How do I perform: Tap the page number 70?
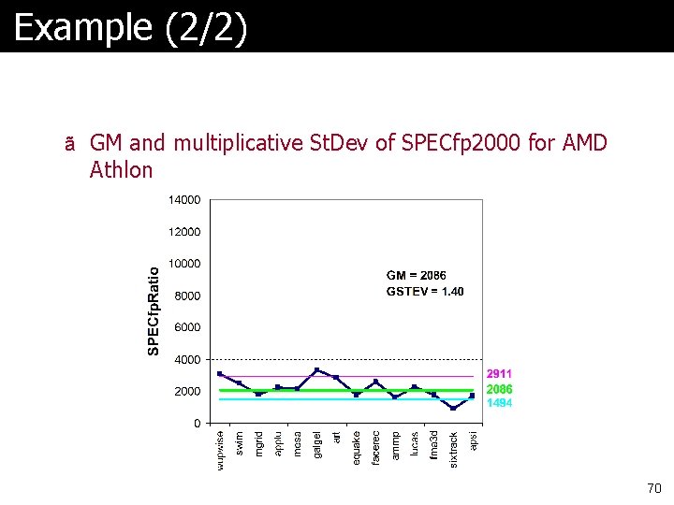click(653, 488)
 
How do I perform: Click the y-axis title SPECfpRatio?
click(154, 310)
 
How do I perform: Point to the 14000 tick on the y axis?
click(184, 199)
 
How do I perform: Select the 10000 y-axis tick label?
click(184, 263)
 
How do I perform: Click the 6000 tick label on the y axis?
click(187, 327)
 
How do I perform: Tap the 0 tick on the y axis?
click(198, 424)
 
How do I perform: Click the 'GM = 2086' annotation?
click(417, 275)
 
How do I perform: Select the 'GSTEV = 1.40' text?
click(425, 291)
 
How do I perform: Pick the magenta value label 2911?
click(499, 374)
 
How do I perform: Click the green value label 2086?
click(499, 389)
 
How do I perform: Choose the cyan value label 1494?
click(499, 403)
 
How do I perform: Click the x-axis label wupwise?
click(220, 451)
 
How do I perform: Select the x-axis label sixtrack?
click(454, 450)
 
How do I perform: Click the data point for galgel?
click(316, 370)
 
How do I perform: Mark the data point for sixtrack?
click(453, 408)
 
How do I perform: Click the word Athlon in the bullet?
click(121, 170)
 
